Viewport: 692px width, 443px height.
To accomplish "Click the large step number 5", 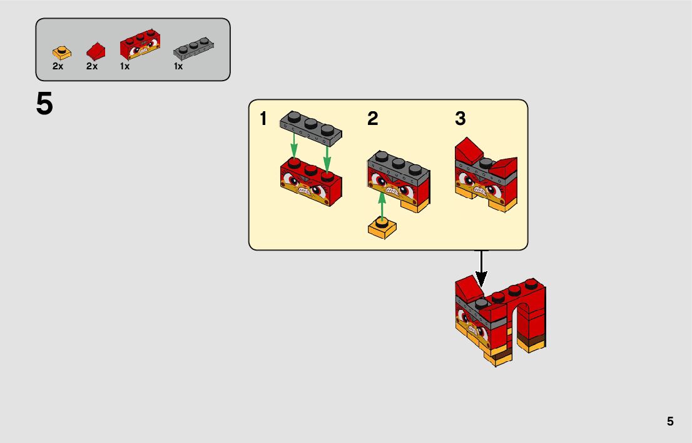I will tap(44, 104).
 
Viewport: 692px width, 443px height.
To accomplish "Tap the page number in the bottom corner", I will tap(670, 421).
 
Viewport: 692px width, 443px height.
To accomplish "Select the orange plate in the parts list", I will tap(61, 52).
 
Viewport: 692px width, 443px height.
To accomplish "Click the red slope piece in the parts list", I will tap(95, 50).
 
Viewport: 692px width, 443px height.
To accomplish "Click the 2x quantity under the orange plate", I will tap(58, 66).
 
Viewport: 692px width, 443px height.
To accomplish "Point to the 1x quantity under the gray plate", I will tap(178, 66).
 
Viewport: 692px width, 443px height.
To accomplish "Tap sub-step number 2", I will tap(373, 119).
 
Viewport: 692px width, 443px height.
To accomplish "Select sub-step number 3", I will tap(460, 119).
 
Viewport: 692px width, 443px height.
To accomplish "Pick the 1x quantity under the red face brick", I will tap(125, 66).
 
